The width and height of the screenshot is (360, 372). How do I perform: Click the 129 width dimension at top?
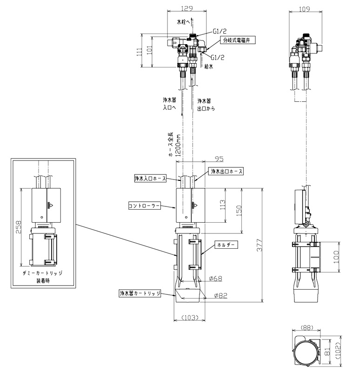coord(187,8)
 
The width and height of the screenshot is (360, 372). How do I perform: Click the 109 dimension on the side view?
coord(305,9)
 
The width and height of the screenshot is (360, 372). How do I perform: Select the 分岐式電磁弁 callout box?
coord(238,40)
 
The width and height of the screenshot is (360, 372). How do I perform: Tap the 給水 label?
coord(208,66)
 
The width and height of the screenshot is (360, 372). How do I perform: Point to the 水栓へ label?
coord(183,22)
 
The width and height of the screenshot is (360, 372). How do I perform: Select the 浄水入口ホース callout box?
coord(150,179)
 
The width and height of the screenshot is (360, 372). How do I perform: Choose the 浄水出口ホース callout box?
coord(227,171)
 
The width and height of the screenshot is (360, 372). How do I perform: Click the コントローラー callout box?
coord(144,206)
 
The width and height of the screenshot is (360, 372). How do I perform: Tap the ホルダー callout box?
coord(226,245)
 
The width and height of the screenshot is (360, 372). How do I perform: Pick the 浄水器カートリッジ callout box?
coord(140,293)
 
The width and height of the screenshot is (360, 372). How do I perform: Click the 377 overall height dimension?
coord(260,245)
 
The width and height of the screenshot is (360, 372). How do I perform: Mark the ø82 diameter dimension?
coord(220,295)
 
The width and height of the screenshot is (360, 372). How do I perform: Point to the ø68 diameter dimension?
coord(215,278)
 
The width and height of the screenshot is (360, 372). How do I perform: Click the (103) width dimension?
coord(190,317)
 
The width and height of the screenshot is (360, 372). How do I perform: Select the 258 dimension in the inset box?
coord(18,227)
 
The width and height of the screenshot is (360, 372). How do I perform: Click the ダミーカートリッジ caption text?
coord(43,273)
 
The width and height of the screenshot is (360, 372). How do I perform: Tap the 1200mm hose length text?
coord(178,146)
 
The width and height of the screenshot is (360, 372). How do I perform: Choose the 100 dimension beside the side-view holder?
coord(336,257)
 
